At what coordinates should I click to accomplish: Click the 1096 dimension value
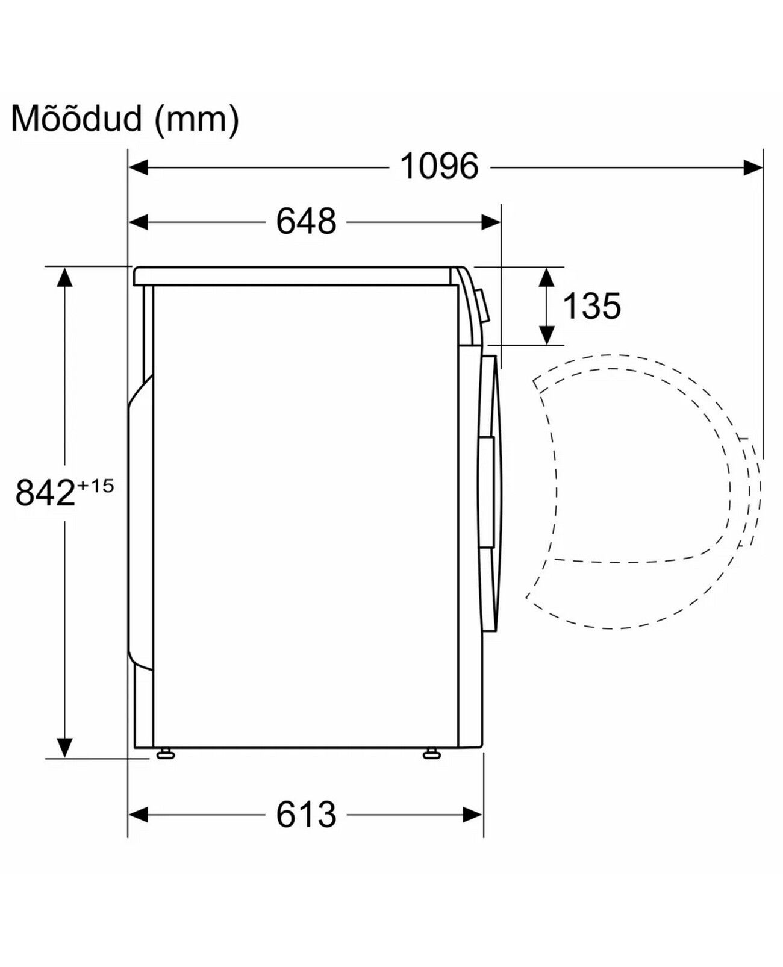439,167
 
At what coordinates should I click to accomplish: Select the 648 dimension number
307,222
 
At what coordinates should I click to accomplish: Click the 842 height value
45,493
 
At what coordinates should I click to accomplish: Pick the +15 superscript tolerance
95,486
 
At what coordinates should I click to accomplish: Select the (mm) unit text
196,119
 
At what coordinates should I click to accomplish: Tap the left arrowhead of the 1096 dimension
139,167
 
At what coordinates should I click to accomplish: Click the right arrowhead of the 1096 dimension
753,167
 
